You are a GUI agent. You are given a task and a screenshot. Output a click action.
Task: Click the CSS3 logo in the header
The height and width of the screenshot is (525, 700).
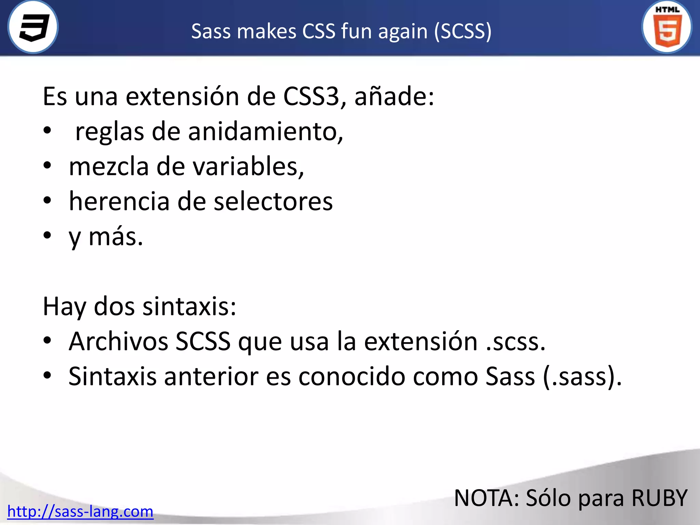tap(33, 27)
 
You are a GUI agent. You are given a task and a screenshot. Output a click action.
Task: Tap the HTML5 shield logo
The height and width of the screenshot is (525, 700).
tap(667, 27)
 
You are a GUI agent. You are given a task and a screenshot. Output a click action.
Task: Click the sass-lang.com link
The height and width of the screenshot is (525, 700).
tap(80, 511)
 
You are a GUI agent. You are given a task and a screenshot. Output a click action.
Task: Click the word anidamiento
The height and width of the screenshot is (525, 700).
tap(266, 132)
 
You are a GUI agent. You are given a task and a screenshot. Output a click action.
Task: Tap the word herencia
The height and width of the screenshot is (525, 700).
tap(119, 201)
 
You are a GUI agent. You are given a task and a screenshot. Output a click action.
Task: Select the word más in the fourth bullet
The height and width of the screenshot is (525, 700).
tap(116, 237)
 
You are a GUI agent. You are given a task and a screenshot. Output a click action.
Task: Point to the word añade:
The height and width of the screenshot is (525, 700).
tap(394, 96)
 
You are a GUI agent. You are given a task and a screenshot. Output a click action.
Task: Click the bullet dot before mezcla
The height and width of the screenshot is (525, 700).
tap(47, 166)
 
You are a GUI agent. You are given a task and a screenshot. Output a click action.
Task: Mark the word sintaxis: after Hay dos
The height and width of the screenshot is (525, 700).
tap(189, 306)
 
